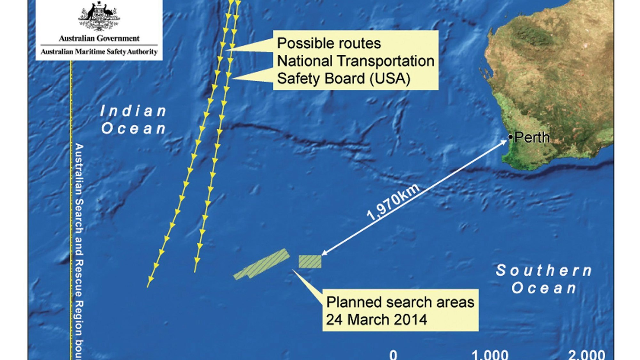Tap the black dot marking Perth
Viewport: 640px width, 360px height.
510,138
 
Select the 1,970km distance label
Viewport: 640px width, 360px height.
393,203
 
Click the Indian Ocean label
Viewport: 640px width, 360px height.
133,120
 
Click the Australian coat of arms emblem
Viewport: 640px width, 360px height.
99,16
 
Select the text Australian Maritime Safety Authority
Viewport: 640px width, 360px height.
99,52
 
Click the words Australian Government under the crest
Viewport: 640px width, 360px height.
99,39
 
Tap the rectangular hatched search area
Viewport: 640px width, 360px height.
310,261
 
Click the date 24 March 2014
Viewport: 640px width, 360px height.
376,319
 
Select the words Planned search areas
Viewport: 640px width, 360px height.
400,302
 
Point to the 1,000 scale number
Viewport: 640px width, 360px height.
490,355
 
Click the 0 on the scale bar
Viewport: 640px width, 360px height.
393,355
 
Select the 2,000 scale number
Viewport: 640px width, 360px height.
587,355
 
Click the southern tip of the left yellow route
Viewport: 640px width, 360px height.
148,286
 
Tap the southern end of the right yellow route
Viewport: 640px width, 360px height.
195,271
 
